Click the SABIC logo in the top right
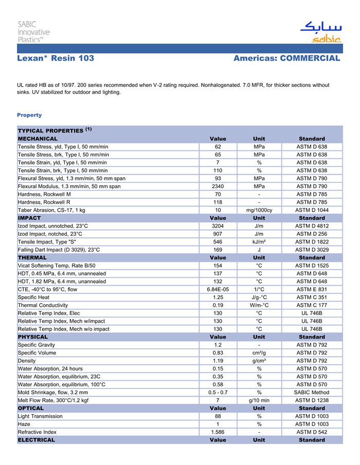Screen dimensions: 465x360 (x=320, y=32)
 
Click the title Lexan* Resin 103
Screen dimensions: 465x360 (x=56, y=59)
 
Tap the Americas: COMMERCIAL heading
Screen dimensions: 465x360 (x=286, y=59)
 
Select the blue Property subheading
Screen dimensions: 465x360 (x=29, y=115)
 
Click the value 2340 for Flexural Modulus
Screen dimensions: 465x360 (x=218, y=187)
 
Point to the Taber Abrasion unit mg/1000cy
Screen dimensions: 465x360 (x=260, y=210)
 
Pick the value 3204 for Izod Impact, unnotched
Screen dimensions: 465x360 (x=218, y=226)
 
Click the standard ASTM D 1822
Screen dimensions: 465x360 (x=312, y=241)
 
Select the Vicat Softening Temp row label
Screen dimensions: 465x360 (x=57, y=266)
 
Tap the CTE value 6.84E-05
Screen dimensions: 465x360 (x=218, y=289)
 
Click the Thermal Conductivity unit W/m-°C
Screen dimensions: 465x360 (x=260, y=305)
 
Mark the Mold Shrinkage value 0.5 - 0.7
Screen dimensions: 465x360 (x=218, y=393)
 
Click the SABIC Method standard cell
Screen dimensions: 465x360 (x=312, y=393)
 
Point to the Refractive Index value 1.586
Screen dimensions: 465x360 (x=218, y=432)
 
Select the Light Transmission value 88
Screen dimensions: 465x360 (x=218, y=416)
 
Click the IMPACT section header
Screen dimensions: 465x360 (x=29, y=218)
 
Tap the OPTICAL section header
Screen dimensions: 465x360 (x=31, y=408)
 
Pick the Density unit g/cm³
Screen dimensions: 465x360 (x=260, y=361)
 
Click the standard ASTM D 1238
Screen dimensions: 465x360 (x=312, y=400)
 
